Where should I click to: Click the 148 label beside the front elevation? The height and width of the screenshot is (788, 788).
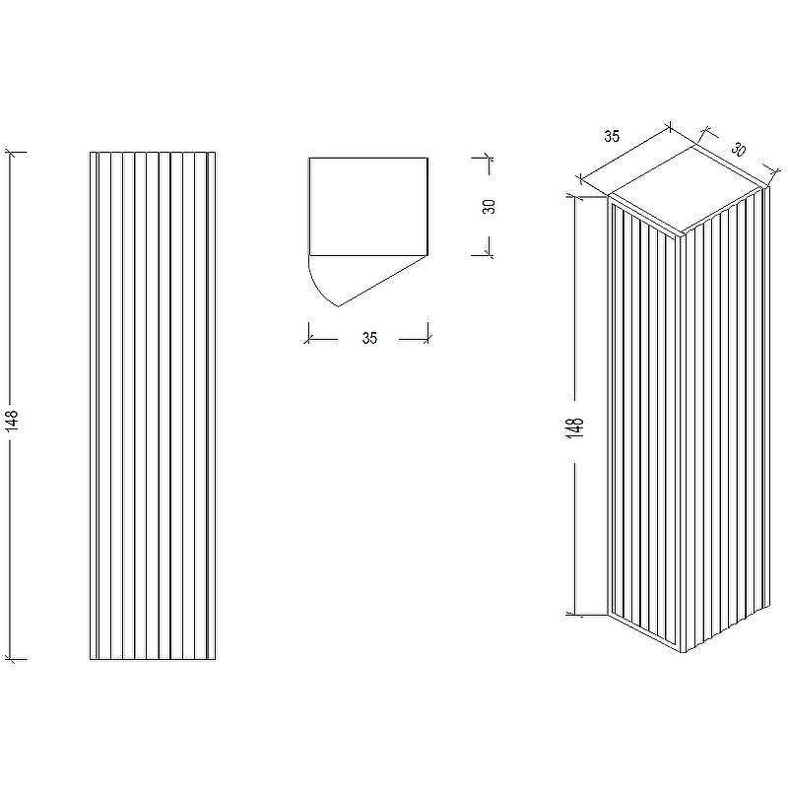[x=11, y=421]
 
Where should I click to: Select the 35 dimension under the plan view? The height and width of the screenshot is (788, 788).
[x=369, y=338]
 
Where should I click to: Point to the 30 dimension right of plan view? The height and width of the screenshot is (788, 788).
[x=489, y=206]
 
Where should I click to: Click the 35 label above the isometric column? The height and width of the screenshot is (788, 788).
[x=612, y=136]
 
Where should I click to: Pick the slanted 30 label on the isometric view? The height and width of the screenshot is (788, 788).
[x=738, y=150]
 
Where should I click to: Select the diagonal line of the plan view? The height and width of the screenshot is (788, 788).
[x=383, y=281]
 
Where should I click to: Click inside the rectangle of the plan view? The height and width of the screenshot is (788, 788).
[x=368, y=207]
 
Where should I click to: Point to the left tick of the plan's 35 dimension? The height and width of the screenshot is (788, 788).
[x=308, y=339]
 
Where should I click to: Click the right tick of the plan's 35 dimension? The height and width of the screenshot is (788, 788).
[x=428, y=339]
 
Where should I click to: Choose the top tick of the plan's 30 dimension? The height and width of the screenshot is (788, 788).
[x=488, y=158]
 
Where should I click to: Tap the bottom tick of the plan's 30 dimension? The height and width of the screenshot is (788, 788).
[x=488, y=255]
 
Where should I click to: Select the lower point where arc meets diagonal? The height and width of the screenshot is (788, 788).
[x=339, y=306]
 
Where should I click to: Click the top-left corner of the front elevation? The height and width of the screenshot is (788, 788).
[x=90, y=152]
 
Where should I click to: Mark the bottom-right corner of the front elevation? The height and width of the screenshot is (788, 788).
[x=216, y=659]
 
